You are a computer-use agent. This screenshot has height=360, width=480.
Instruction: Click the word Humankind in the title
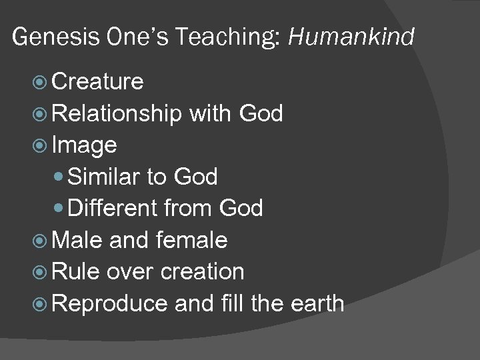point(351,37)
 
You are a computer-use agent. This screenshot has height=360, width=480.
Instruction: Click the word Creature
point(97,82)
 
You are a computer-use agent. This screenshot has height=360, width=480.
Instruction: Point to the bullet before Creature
point(41,82)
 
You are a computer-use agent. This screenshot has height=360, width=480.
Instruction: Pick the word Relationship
point(116,114)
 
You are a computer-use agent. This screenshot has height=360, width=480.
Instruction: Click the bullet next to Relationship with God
point(41,114)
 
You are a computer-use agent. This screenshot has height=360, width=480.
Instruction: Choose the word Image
point(84,145)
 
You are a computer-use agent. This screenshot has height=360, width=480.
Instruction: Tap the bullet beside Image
point(41,145)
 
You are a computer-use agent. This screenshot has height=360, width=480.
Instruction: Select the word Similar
point(104,177)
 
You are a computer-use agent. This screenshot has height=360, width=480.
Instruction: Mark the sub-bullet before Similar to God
point(61,177)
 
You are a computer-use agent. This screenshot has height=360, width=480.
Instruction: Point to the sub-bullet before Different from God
point(61,209)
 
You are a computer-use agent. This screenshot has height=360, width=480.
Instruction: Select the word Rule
point(75,272)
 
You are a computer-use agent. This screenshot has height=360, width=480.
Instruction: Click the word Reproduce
point(109,304)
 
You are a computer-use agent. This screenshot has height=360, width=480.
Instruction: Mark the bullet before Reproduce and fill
point(41,304)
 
